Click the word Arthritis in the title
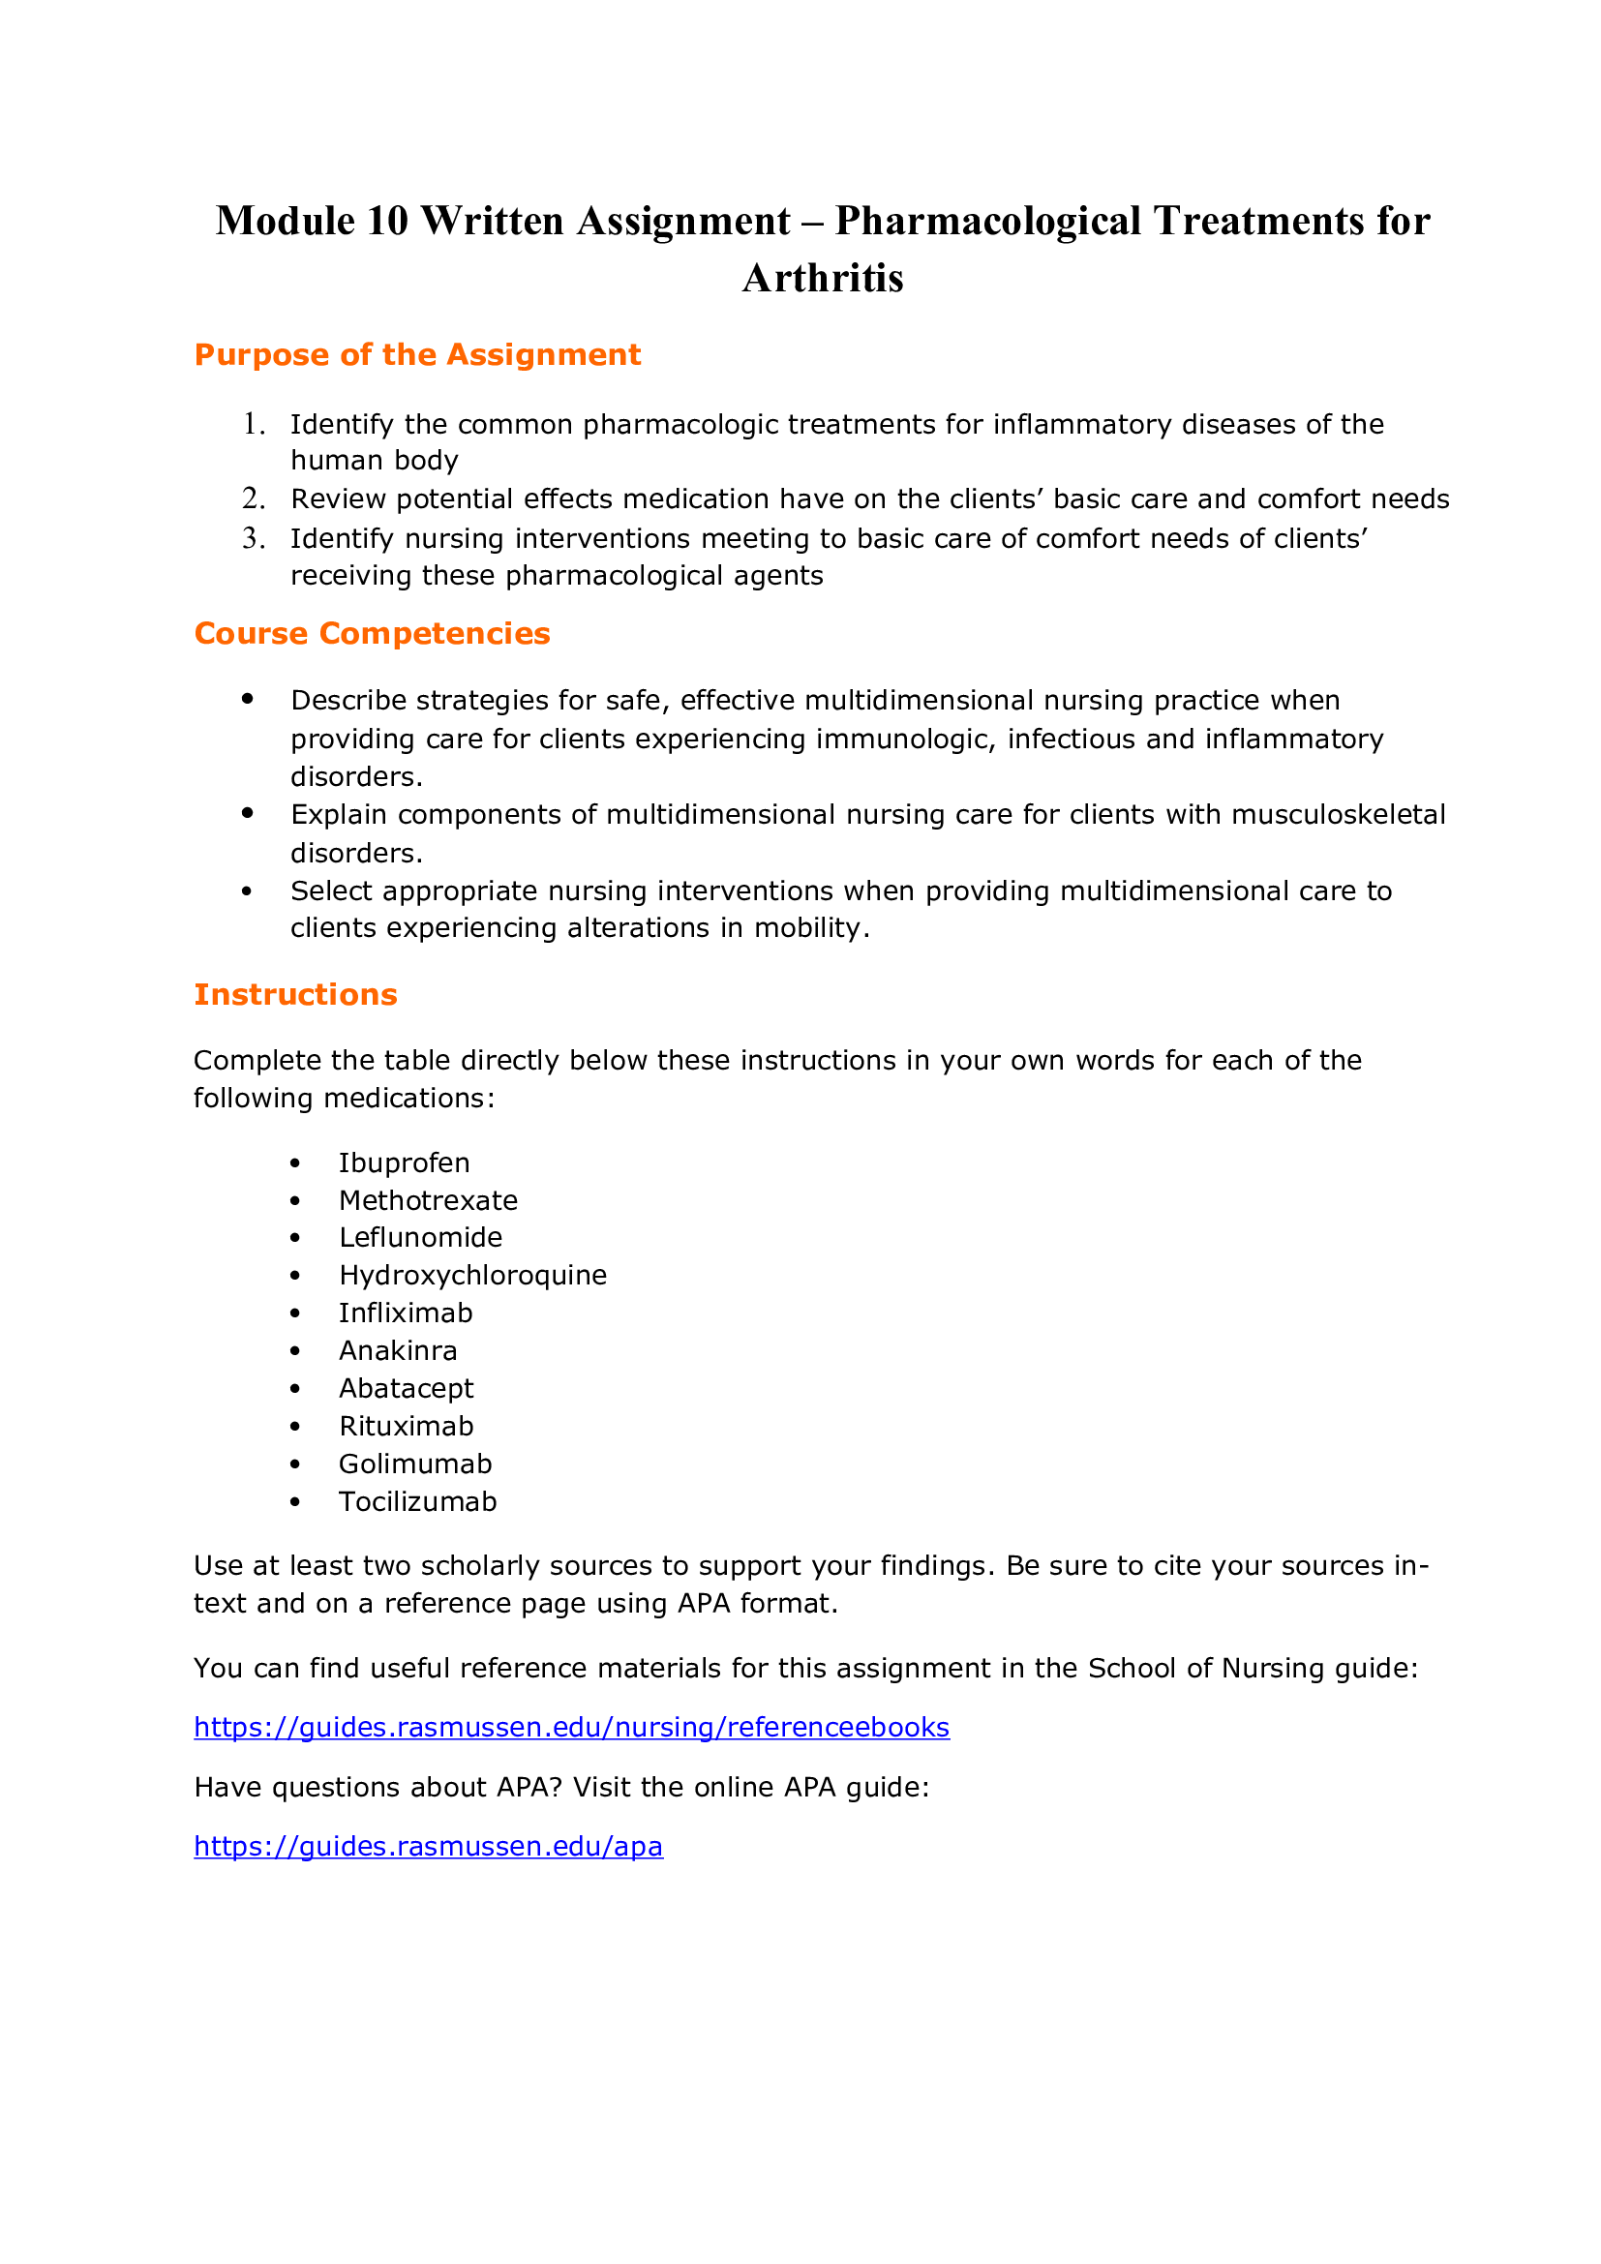822,278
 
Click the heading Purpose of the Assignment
417,355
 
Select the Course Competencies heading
372,633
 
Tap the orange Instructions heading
295,994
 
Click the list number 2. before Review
254,498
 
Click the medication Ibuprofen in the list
405,1162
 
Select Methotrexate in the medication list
428,1200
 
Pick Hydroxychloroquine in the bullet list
472,1275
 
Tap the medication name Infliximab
406,1313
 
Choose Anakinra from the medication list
397,1350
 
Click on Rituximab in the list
407,1426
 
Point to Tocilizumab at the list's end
417,1501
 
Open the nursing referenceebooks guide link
571,1727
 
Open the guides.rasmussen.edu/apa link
428,1846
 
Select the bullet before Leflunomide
295,1239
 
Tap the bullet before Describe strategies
248,699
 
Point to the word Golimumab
415,1464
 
